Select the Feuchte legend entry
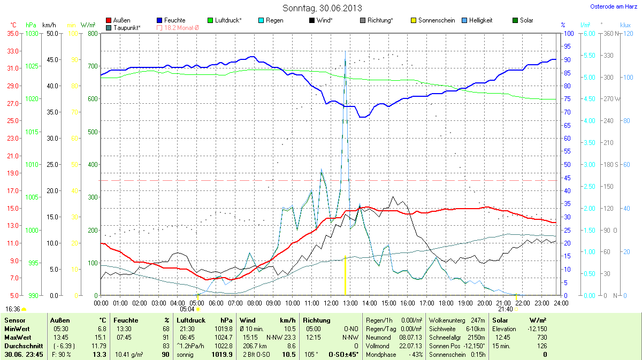tap(174, 20)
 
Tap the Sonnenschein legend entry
tap(437, 20)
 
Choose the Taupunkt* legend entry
tap(127, 27)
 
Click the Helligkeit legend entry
tap(480, 20)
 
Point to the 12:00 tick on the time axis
tap(331, 303)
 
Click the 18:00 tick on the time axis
tap(446, 303)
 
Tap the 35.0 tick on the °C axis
tap(12, 33)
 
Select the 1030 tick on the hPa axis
tap(32, 33)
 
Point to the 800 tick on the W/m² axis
tap(92, 33)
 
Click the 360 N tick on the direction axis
tap(610, 33)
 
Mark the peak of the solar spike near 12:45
tap(345, 52)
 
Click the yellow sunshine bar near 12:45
tap(345, 275)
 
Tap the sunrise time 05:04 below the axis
tap(187, 309)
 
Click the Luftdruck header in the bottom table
tap(190, 320)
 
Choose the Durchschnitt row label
tap(20, 346)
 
